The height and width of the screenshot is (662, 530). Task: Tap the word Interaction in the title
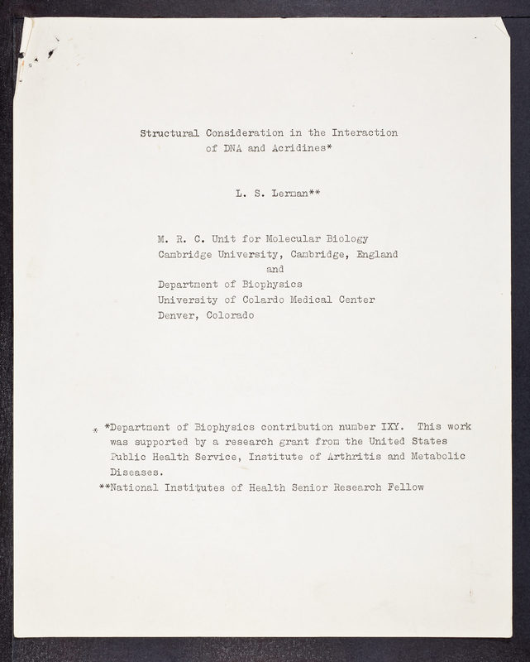coord(365,132)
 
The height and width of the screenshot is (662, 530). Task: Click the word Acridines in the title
coord(295,150)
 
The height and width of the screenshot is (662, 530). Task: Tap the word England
coord(376,254)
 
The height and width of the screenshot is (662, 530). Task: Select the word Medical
coord(314,300)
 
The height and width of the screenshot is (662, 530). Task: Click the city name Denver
coord(177,315)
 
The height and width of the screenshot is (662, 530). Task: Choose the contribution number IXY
coord(390,427)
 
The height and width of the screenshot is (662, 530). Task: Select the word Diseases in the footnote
coord(136,473)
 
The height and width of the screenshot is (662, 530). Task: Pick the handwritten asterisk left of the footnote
coord(95,429)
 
